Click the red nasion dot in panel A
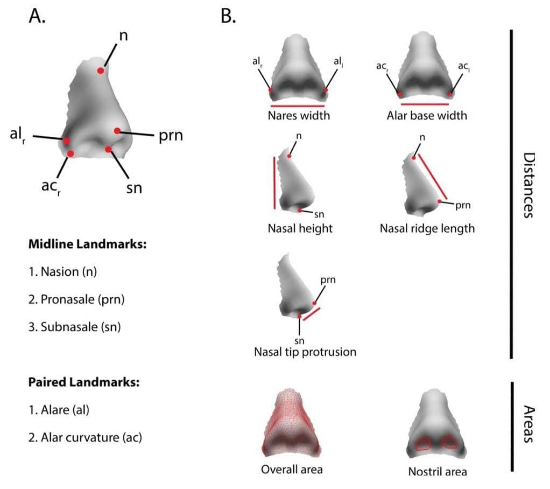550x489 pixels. [x=101, y=71]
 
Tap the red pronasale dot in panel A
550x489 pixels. [x=117, y=131]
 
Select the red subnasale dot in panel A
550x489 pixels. [x=108, y=149]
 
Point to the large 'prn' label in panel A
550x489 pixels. [x=171, y=136]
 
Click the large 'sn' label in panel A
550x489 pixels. [x=134, y=188]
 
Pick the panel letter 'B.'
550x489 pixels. [x=228, y=16]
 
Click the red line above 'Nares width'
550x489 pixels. [x=298, y=106]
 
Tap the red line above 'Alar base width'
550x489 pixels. [x=425, y=104]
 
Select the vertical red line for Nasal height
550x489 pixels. [x=274, y=183]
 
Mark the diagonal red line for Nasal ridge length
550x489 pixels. [x=433, y=176]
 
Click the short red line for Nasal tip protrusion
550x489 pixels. [x=312, y=314]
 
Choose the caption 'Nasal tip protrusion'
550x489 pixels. [x=305, y=352]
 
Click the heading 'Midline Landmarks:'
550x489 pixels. [x=87, y=244]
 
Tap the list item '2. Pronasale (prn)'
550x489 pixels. [x=76, y=299]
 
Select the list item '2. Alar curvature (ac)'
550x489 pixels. [x=85, y=437]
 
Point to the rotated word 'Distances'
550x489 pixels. [x=529, y=185]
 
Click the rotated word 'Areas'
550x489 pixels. [x=529, y=424]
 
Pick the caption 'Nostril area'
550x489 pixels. [x=438, y=471]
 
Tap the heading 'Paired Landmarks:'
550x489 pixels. [x=84, y=382]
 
